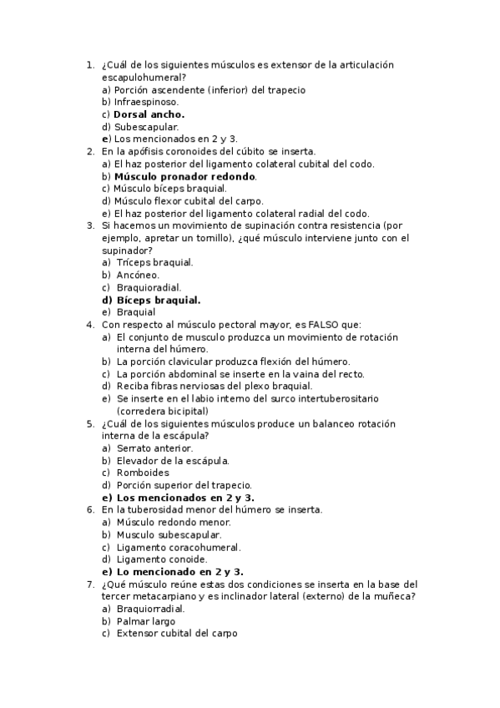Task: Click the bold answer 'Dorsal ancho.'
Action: [x=149, y=114]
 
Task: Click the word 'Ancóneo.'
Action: [x=138, y=275]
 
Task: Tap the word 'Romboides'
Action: [x=143, y=473]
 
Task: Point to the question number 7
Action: [x=90, y=584]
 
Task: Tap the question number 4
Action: [x=90, y=325]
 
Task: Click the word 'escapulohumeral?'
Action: [x=144, y=77]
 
